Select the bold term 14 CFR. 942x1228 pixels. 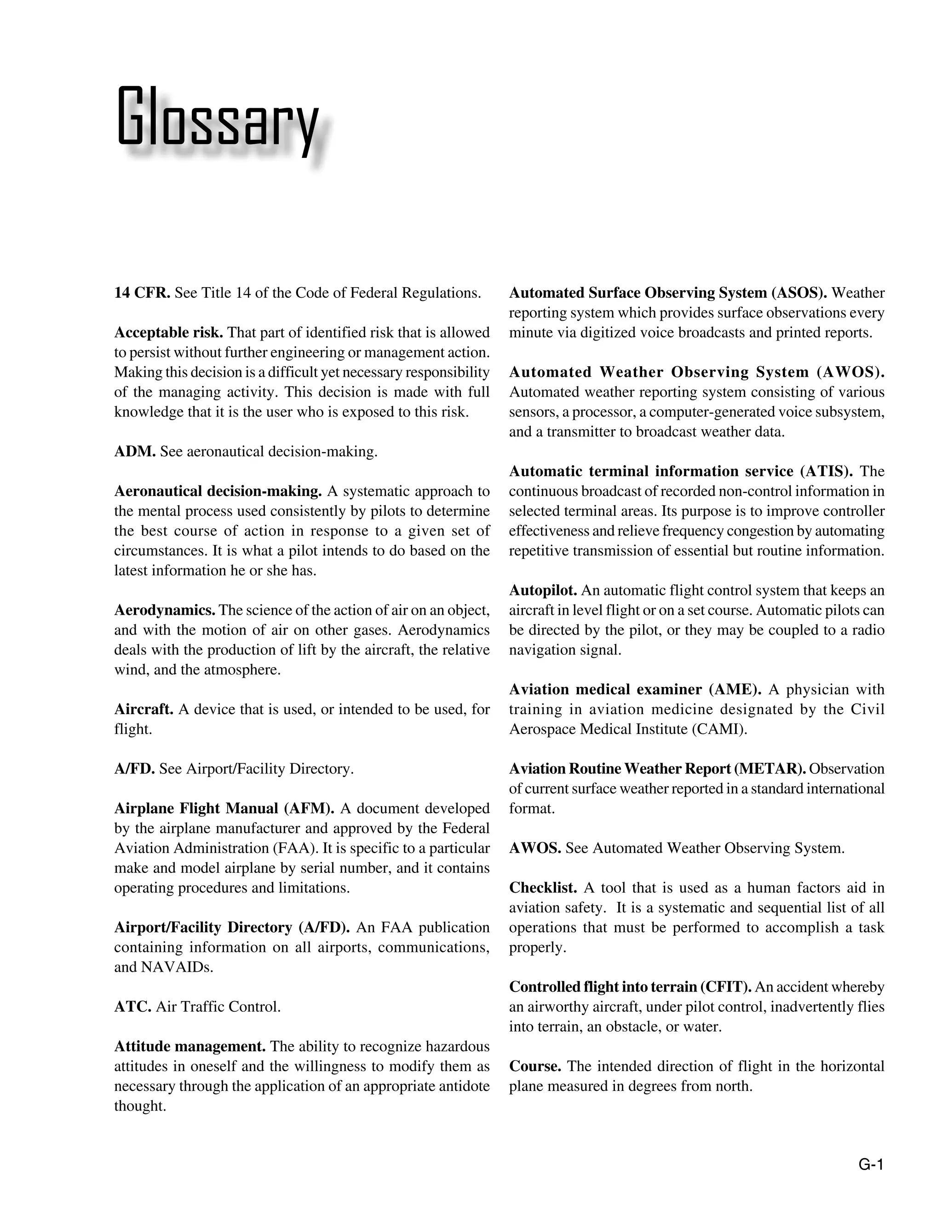point(142,293)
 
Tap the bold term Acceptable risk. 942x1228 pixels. point(168,333)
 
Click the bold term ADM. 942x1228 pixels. point(135,452)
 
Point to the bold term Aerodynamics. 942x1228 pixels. point(164,610)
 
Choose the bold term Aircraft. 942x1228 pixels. point(144,709)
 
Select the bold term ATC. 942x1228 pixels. point(133,1007)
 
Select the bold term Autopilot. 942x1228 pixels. point(543,590)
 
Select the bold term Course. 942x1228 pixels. point(535,1067)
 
